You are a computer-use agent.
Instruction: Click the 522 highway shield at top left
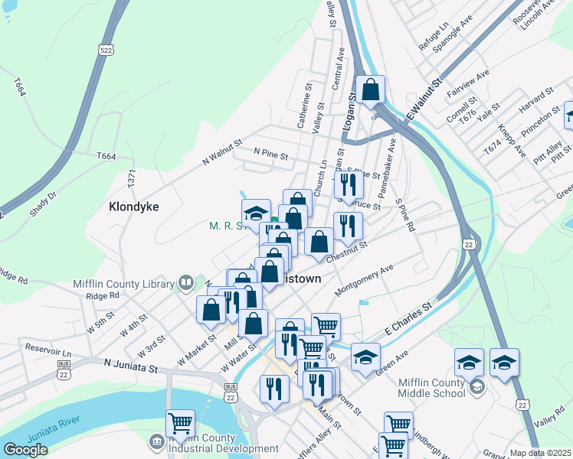click(106, 50)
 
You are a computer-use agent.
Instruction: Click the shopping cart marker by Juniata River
click(180, 422)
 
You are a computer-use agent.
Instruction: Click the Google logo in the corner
click(25, 450)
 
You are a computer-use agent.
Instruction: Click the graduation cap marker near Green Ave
click(365, 356)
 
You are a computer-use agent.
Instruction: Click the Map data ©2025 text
click(540, 453)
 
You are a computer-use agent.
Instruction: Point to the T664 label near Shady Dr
click(106, 156)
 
